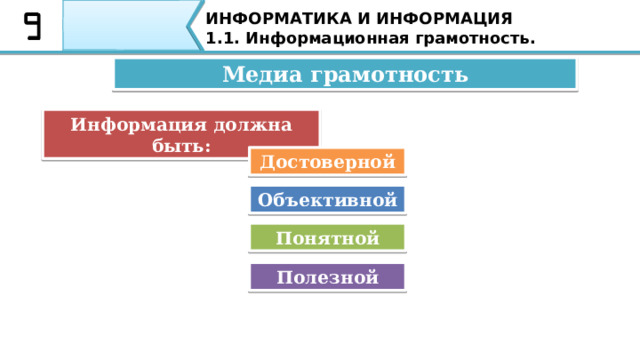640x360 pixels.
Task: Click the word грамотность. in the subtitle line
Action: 469,38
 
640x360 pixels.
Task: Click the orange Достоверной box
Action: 328,161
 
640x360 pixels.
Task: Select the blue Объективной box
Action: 328,199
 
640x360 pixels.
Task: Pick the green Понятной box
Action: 328,238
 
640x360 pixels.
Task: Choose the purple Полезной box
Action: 328,277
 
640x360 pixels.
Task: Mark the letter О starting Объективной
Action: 265,199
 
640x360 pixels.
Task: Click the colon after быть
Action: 206,145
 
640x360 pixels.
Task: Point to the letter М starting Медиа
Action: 232,74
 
